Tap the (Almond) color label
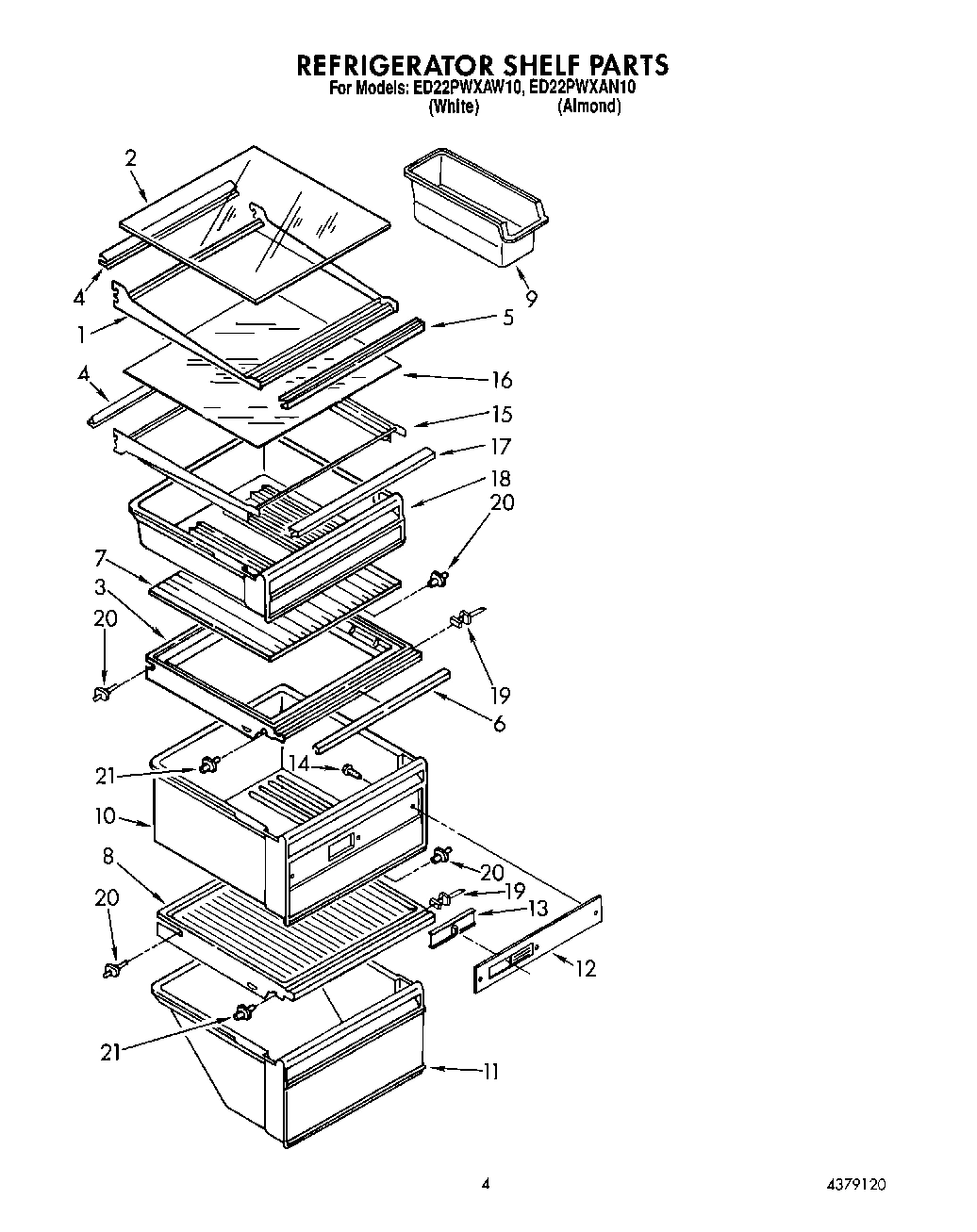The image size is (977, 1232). pos(589,107)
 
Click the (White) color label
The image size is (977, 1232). pos(454,107)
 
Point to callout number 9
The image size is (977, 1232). pos(532,298)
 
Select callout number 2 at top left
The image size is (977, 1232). pos(131,157)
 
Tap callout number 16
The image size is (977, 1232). pos(502,380)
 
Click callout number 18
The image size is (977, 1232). pos(501,479)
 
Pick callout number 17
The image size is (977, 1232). pos(501,446)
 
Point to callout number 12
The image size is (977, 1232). pos(585,968)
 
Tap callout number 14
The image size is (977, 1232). pos(299,764)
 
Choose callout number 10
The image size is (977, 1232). pos(104,815)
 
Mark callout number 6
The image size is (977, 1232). pos(500,724)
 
